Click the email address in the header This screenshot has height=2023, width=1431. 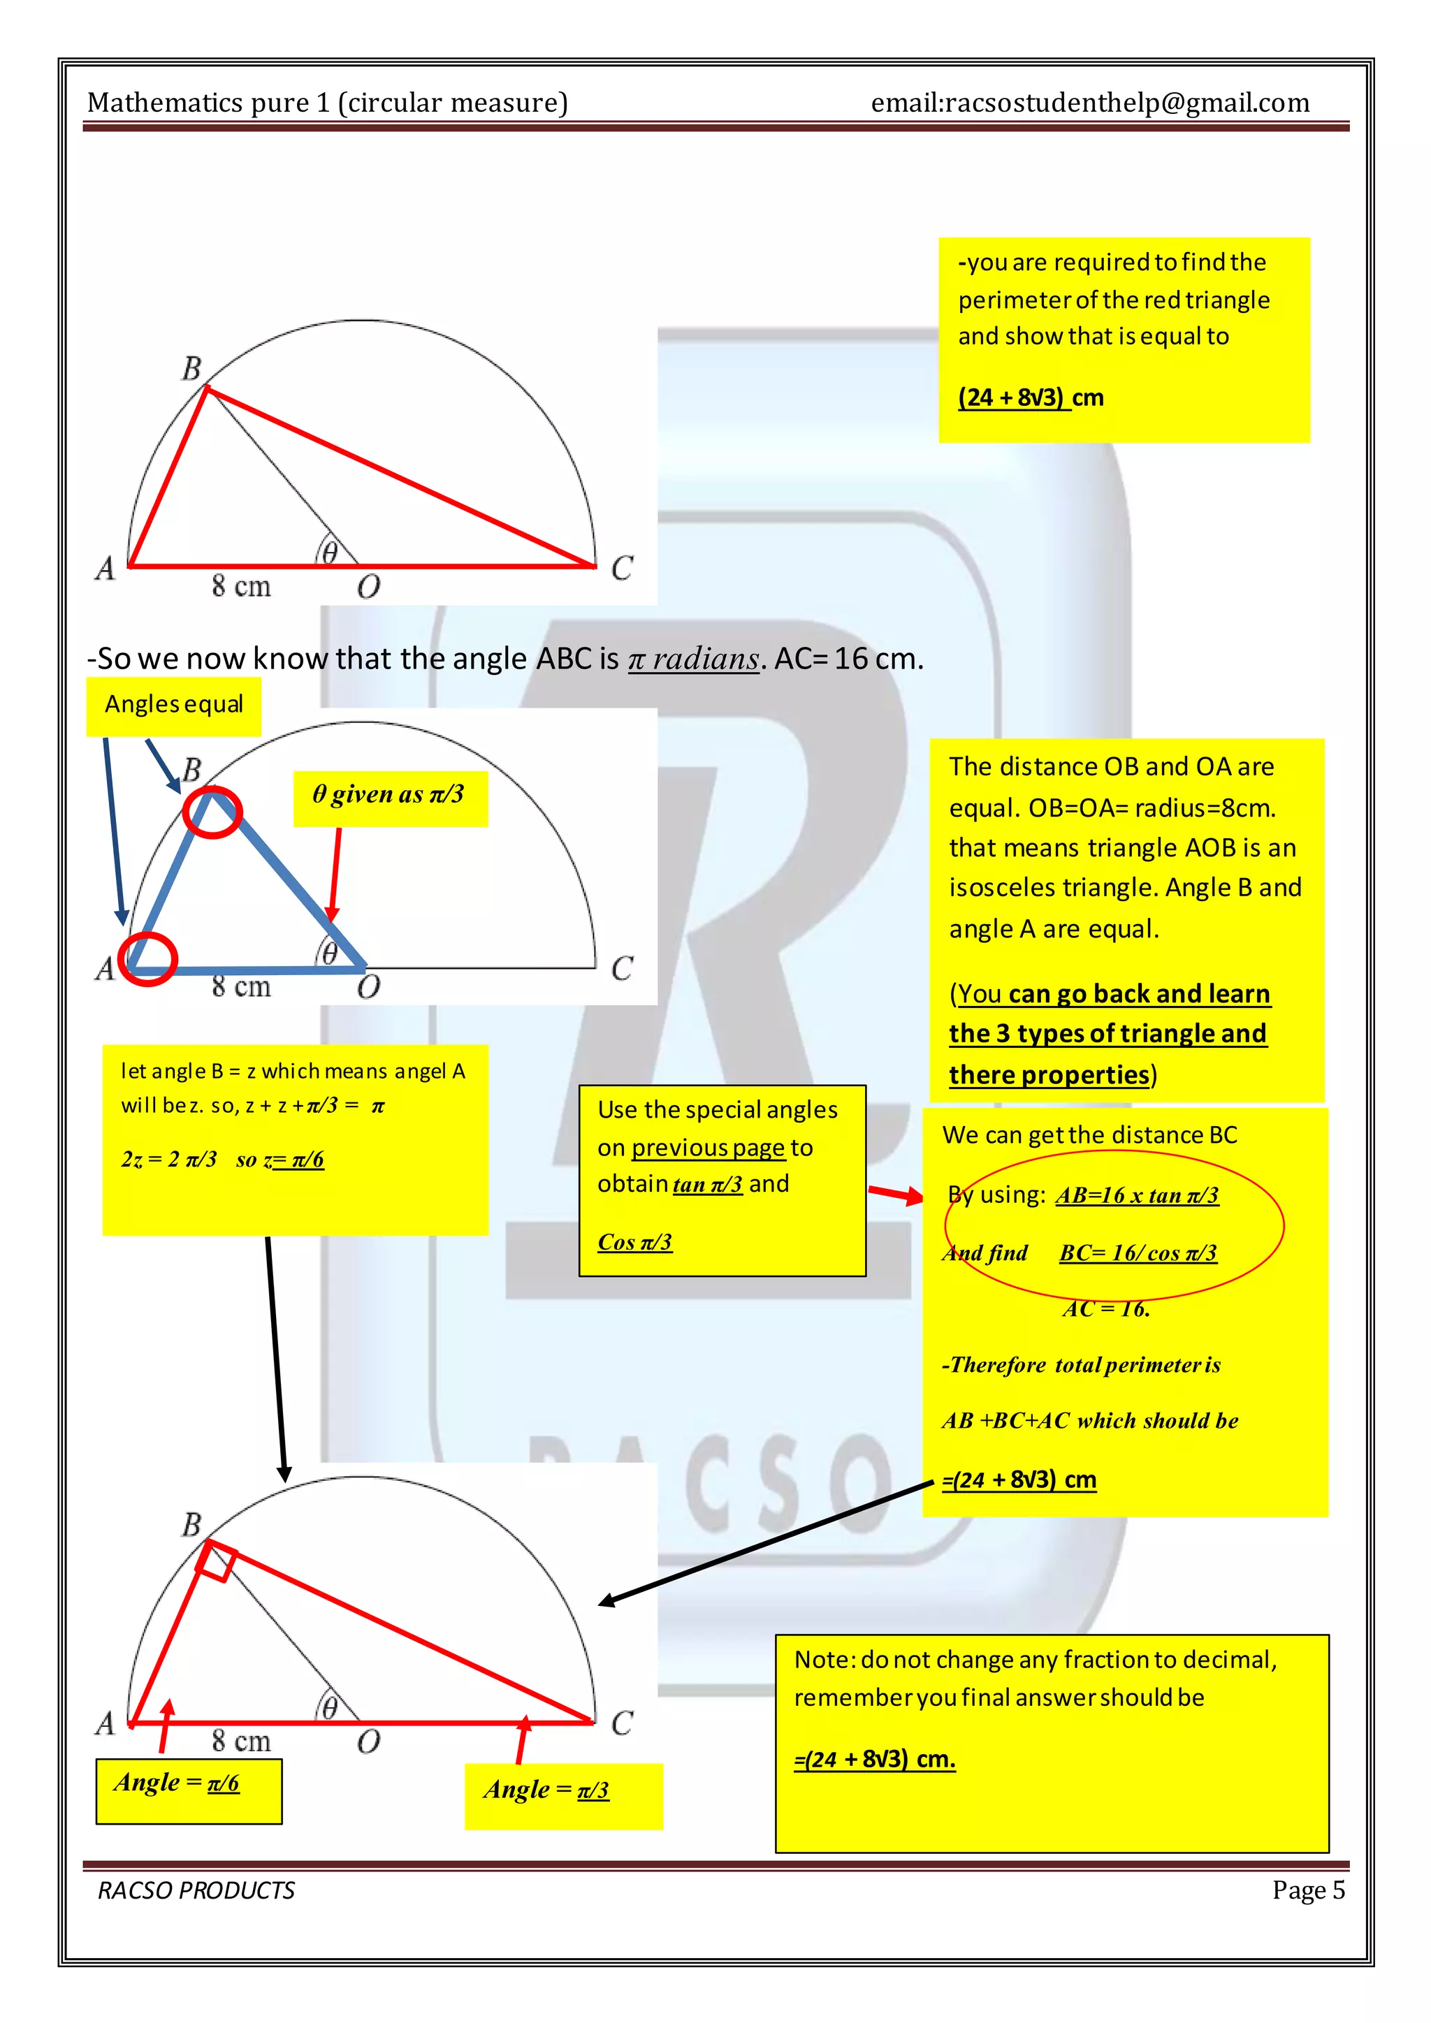point(1089,103)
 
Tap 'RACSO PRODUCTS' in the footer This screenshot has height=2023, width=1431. point(196,1890)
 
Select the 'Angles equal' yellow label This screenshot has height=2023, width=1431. point(173,705)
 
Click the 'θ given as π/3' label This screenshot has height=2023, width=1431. point(388,795)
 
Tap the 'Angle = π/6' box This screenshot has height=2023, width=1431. point(189,1790)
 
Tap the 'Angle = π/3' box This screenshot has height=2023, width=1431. point(562,1797)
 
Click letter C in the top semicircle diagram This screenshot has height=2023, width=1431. point(621,569)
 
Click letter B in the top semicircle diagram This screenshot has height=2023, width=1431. point(191,368)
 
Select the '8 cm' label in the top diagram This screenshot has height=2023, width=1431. point(240,586)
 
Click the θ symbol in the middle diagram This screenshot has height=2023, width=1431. point(328,954)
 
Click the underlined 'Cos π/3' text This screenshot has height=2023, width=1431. point(634,1242)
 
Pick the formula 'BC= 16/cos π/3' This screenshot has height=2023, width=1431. point(1138,1253)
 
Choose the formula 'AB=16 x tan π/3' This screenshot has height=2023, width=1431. point(1137,1196)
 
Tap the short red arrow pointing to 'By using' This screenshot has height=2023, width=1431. point(895,1195)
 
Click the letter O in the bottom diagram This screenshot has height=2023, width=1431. point(368,1742)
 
